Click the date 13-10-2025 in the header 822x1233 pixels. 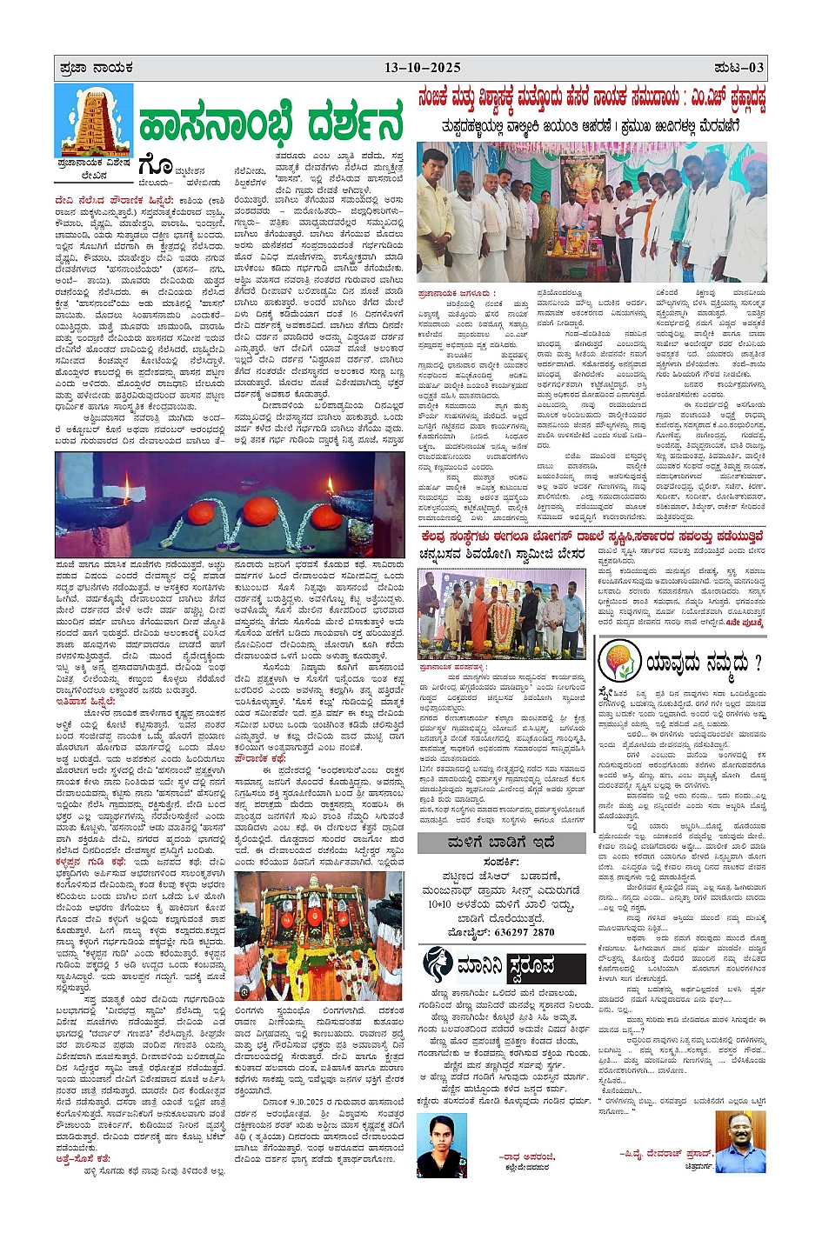point(422,68)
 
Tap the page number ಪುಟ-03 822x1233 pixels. point(738,68)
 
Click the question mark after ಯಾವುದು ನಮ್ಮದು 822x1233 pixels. point(757,663)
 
